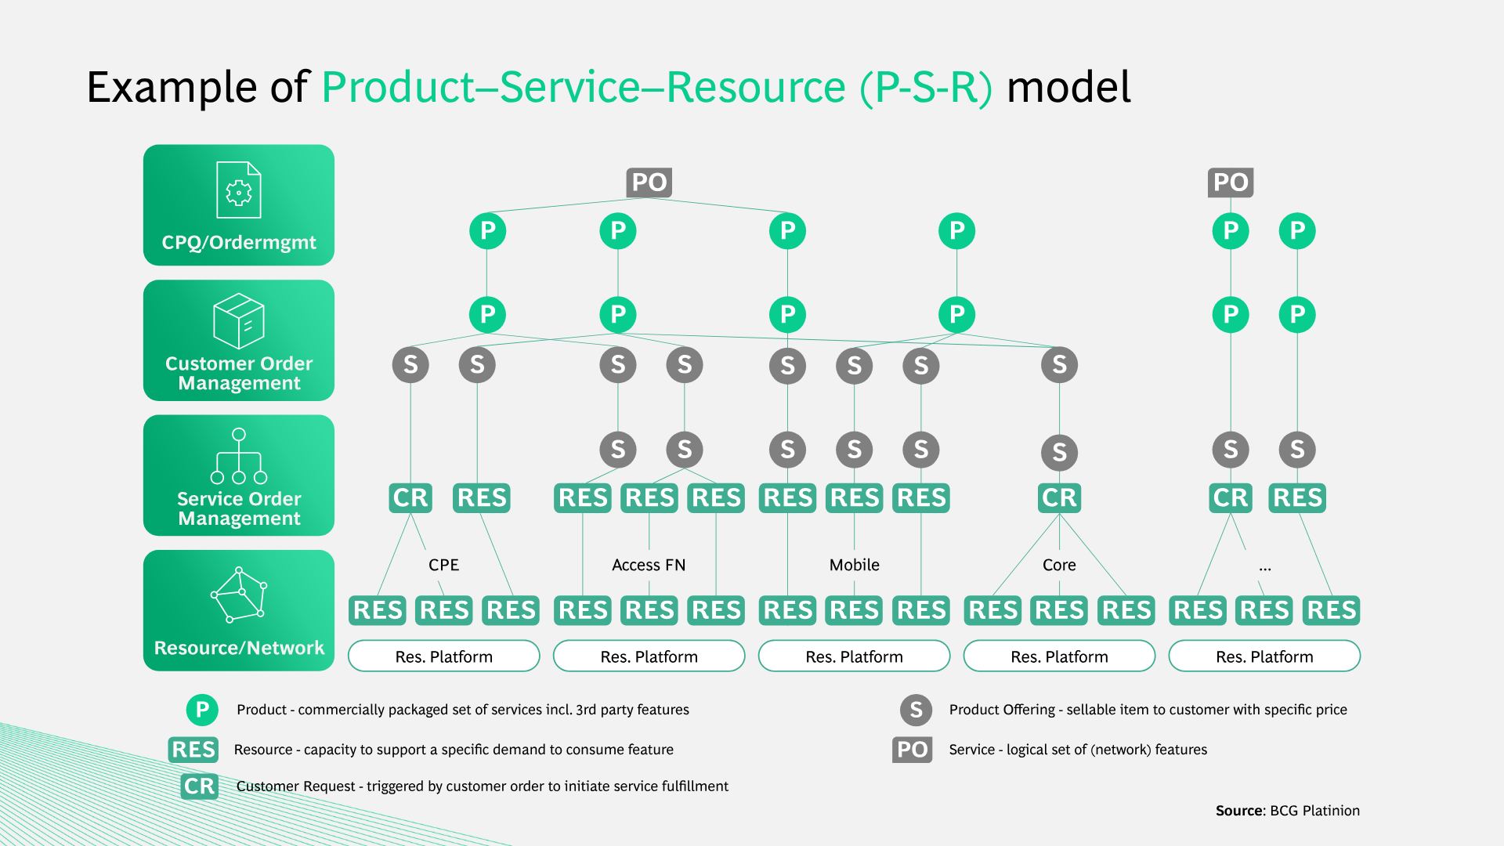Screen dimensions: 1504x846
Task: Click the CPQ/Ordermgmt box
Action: [x=239, y=205]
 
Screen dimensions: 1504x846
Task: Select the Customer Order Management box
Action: [x=239, y=340]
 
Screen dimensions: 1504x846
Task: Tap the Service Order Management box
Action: [x=239, y=475]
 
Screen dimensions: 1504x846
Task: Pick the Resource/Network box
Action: [x=239, y=610]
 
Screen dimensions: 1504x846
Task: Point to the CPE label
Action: [x=443, y=565]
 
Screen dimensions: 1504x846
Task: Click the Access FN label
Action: [x=649, y=565]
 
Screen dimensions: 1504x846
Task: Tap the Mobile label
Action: [x=855, y=565]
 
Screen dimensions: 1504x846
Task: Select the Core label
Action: [x=1059, y=565]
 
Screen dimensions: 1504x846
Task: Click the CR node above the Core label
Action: [x=1059, y=497]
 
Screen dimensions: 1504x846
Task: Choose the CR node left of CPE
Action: [x=410, y=497]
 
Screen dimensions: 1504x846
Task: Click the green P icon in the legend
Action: [x=202, y=710]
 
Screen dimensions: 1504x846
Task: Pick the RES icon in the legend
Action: [x=193, y=750]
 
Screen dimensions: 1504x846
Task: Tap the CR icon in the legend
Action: [x=199, y=786]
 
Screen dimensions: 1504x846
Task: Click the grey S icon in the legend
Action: [x=916, y=710]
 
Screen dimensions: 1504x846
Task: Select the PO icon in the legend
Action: [x=913, y=750]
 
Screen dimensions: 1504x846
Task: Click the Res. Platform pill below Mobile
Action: [x=855, y=656]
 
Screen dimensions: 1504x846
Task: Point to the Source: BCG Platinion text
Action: [x=1288, y=811]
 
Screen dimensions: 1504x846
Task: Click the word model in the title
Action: [x=1068, y=86]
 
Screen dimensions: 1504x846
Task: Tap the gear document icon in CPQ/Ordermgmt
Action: [x=239, y=190]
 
